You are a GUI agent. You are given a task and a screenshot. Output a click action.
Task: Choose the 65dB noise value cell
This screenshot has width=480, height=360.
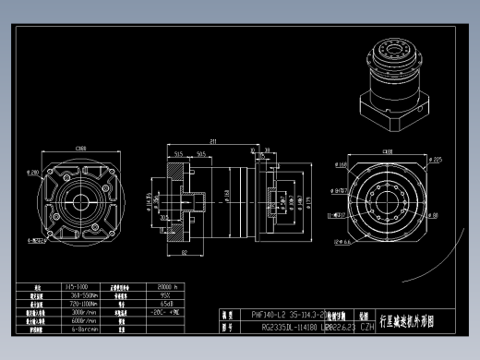point(168,303)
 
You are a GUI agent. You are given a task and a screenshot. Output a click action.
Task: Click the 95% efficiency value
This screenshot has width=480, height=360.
point(168,295)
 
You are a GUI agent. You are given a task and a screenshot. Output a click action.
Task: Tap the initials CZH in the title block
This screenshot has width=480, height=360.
point(366,326)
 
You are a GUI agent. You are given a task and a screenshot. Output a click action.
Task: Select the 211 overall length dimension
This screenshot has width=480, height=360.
point(212,141)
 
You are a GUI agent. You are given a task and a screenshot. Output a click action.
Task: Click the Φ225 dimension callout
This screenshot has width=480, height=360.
point(436,160)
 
